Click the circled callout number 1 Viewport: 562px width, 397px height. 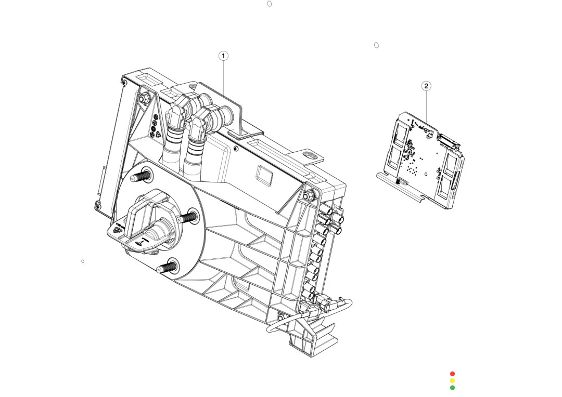[223, 56]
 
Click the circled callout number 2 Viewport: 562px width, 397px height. [426, 86]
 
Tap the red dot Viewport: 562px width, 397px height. [452, 374]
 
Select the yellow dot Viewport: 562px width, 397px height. [452, 380]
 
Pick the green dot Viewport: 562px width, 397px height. [452, 387]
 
